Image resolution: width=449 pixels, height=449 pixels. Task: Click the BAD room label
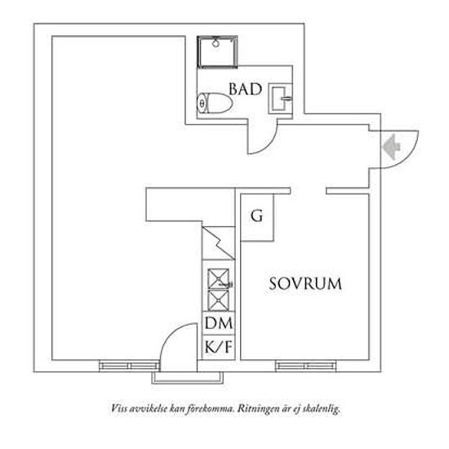click(246, 89)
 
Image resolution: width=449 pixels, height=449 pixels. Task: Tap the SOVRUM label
click(305, 284)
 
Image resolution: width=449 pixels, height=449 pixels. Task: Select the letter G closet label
click(257, 216)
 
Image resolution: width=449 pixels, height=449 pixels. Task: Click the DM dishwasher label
click(219, 323)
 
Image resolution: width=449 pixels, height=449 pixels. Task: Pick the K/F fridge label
click(219, 347)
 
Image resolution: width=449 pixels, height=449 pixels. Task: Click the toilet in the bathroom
click(215, 103)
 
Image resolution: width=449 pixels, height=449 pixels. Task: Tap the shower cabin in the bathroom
click(217, 51)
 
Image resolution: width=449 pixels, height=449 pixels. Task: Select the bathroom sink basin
click(280, 99)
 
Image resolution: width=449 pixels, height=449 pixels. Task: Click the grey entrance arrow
click(391, 147)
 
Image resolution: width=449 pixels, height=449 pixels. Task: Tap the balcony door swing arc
click(170, 335)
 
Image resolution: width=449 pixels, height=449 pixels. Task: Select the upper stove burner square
click(219, 278)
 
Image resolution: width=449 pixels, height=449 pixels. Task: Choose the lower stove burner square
click(219, 300)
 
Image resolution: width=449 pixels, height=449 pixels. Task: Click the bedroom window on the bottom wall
click(305, 366)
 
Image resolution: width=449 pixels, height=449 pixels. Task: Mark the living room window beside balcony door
click(129, 366)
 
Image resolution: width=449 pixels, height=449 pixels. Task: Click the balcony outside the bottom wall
click(187, 378)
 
